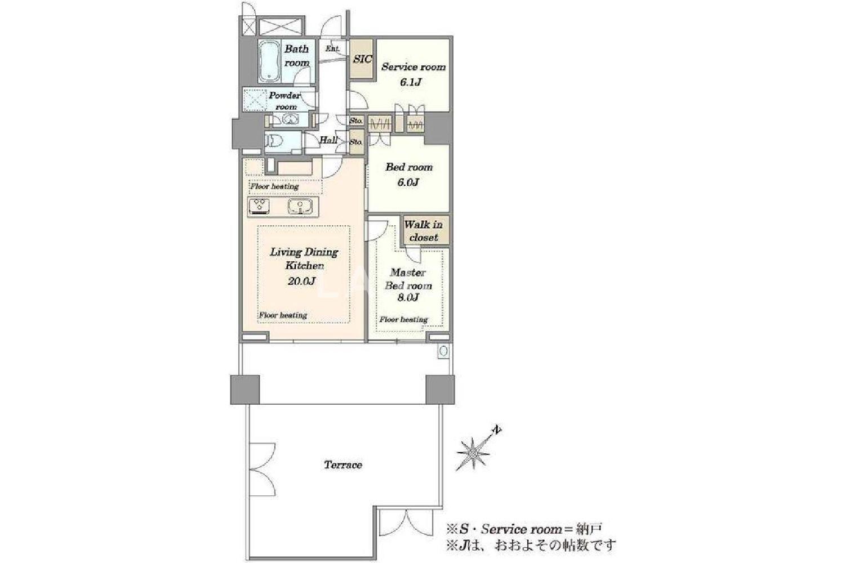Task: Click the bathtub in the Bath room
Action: tap(269, 61)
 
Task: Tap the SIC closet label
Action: tap(363, 59)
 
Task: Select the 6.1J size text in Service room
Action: tap(411, 82)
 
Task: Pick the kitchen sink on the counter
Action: tap(300, 207)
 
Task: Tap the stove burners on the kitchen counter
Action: tap(259, 207)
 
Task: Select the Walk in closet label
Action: tap(423, 231)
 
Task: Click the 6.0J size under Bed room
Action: tap(408, 182)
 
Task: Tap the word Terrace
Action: tap(343, 464)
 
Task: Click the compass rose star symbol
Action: tap(473, 453)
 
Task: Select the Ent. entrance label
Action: tap(332, 48)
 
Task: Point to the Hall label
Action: tap(328, 140)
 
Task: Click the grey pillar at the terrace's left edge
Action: tap(245, 390)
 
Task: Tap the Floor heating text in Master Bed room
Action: tap(404, 319)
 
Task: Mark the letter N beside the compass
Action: tap(498, 430)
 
